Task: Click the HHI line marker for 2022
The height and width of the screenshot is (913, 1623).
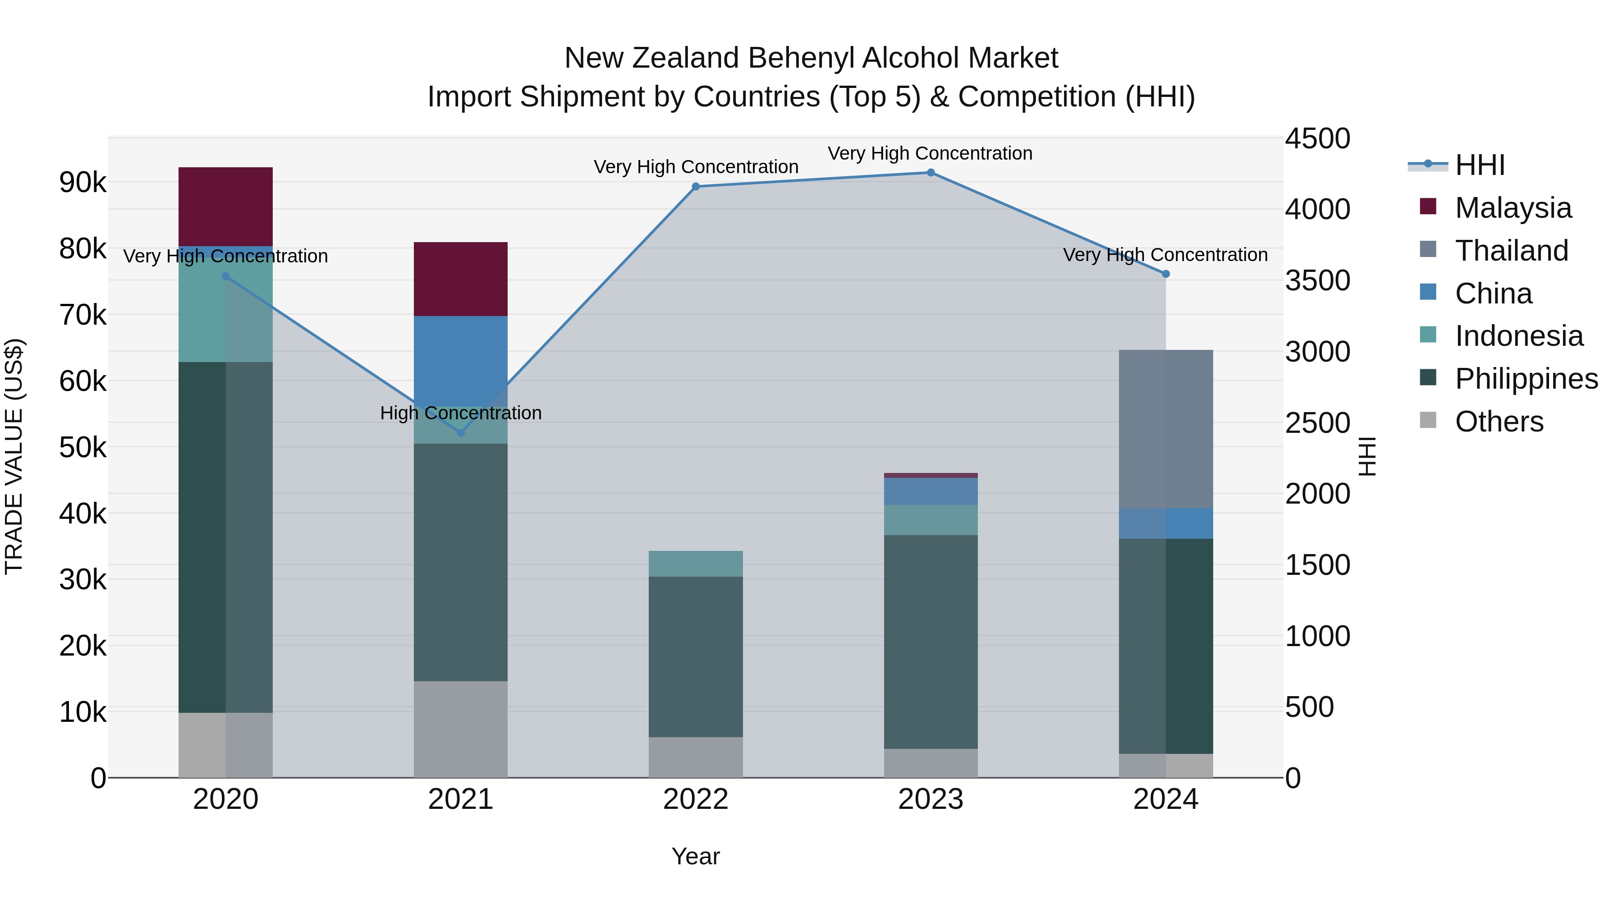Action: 696,187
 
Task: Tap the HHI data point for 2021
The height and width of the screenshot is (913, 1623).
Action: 461,433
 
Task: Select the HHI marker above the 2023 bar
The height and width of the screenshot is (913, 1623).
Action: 931,173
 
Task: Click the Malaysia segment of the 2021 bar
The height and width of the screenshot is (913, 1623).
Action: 461,279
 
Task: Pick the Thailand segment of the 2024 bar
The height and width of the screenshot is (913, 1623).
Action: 1165,428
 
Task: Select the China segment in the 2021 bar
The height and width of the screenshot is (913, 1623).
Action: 461,359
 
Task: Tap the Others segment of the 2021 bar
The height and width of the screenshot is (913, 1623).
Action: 461,729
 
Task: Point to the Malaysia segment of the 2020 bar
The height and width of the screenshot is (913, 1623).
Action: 225,206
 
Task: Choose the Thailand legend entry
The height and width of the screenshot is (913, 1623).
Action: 1511,251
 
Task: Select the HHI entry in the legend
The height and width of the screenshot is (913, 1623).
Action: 1479,165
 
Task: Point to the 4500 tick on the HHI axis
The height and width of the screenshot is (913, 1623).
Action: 1317,138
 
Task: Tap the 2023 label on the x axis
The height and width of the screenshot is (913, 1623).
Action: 931,799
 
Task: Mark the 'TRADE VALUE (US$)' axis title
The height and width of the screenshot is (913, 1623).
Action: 14,457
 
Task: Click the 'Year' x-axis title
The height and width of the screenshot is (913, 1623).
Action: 696,856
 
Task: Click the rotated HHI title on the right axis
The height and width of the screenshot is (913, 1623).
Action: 1368,457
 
